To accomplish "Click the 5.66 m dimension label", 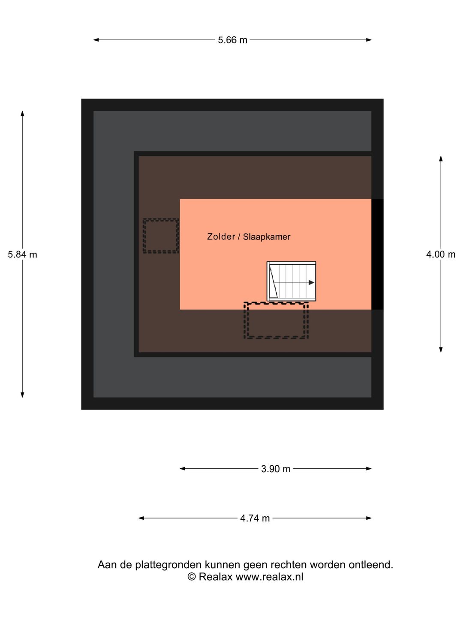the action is pyautogui.click(x=232, y=40).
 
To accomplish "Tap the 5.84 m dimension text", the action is pyautogui.click(x=22, y=255).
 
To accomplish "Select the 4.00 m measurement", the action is pyautogui.click(x=441, y=255).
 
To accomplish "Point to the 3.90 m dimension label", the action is pyautogui.click(x=276, y=469).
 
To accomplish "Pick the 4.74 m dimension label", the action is pyautogui.click(x=255, y=518).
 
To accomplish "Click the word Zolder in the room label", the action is pyautogui.click(x=221, y=237).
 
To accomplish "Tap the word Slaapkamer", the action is pyautogui.click(x=267, y=237).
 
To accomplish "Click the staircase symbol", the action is pyautogui.click(x=291, y=281).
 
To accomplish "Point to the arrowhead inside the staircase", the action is pyautogui.click(x=311, y=282).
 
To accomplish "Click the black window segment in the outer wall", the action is pyautogui.click(x=377, y=254).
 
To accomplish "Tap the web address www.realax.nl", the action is pyautogui.click(x=269, y=577).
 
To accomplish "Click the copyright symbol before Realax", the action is pyautogui.click(x=192, y=577).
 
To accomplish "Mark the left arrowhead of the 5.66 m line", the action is pyautogui.click(x=96, y=40).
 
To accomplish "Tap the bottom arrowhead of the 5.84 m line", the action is pyautogui.click(x=22, y=395).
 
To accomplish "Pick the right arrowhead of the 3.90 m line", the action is pyautogui.click(x=369, y=469).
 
